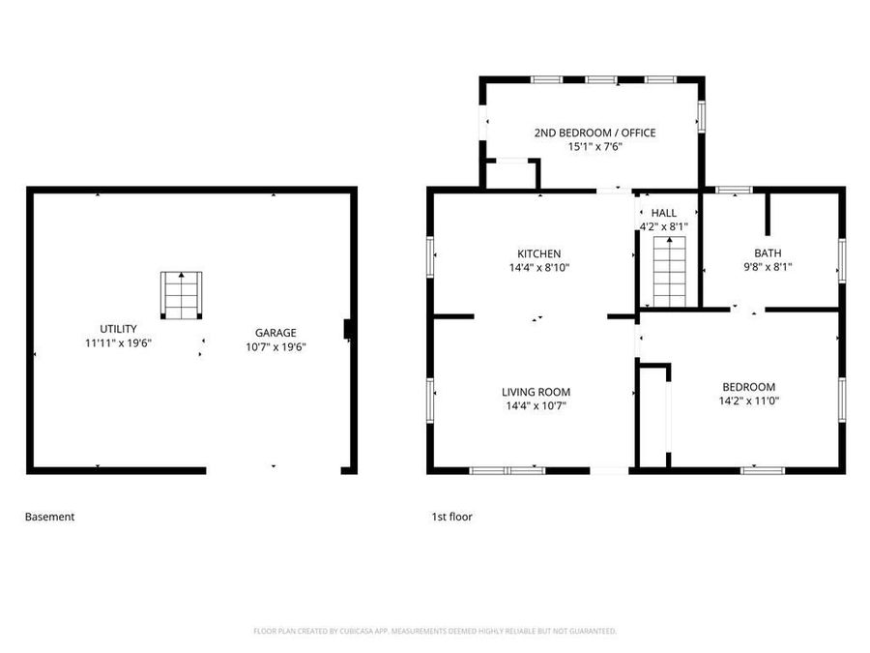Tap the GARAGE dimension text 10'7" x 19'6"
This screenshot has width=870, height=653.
[275, 346]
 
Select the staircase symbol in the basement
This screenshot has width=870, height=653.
[182, 296]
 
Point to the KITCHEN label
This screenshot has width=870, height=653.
[538, 254]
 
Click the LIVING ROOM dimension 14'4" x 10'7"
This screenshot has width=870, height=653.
[536, 406]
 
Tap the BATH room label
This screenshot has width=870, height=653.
[768, 253]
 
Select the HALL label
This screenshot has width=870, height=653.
[664, 213]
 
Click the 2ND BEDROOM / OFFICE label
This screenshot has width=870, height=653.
[594, 133]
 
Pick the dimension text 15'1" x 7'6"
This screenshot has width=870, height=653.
[594, 147]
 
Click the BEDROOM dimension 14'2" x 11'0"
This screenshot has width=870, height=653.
[747, 401]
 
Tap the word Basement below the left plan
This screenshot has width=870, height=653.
[49, 517]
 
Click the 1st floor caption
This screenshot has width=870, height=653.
[451, 517]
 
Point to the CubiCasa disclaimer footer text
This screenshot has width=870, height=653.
[434, 631]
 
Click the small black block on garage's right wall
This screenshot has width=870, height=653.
[348, 330]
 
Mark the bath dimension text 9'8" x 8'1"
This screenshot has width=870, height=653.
[768, 267]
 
